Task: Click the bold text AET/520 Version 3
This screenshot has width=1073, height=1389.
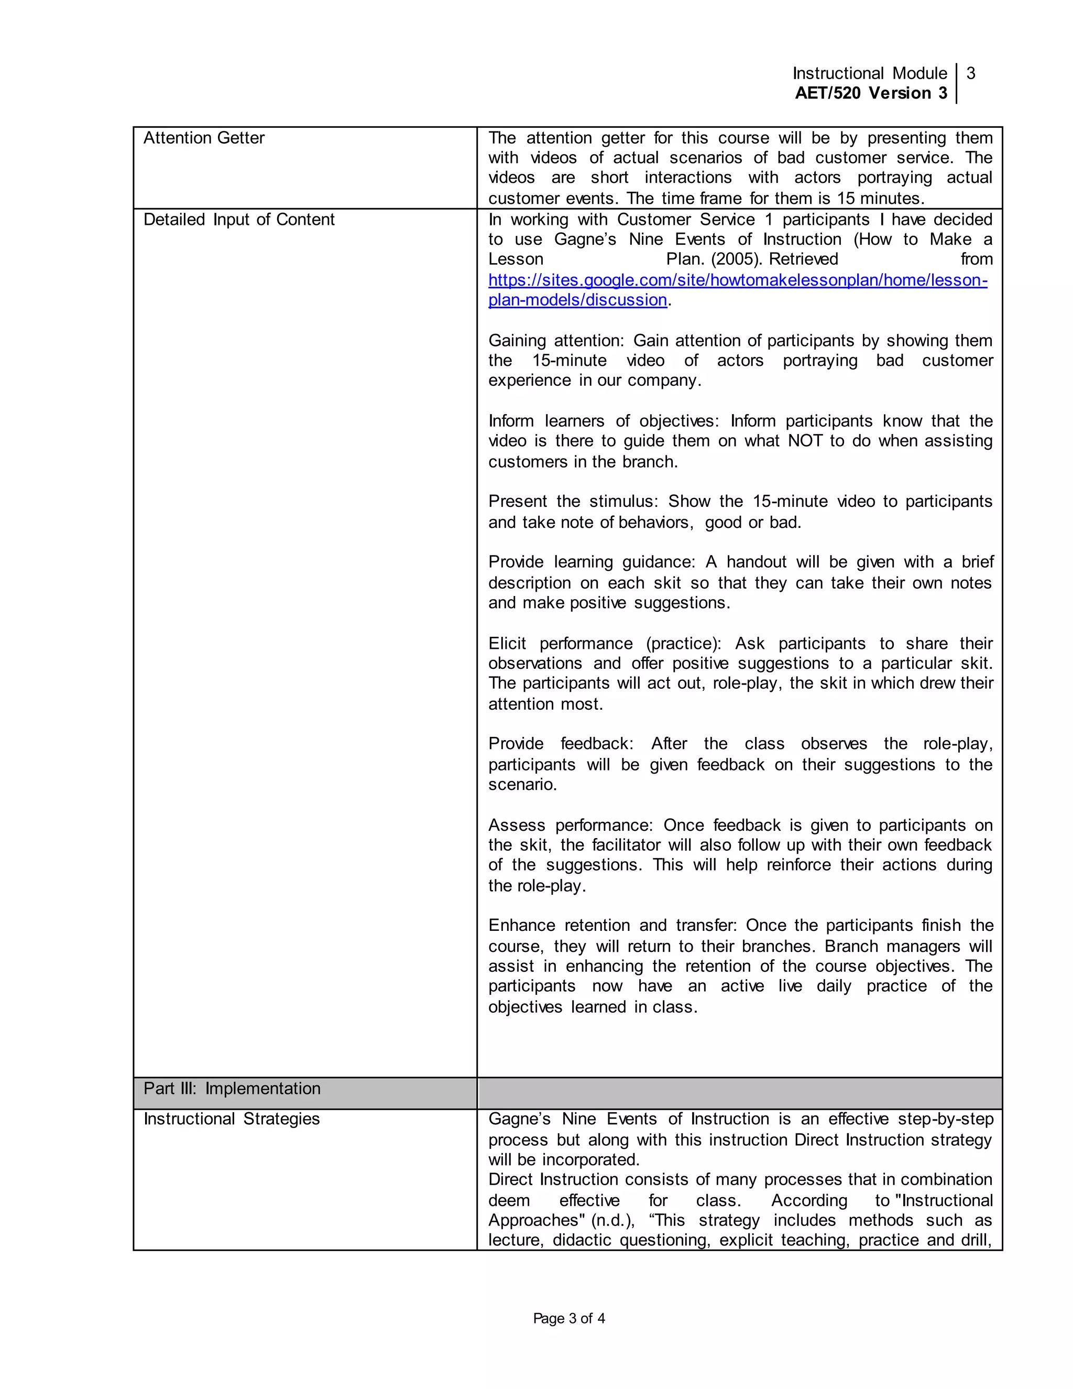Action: pos(871,93)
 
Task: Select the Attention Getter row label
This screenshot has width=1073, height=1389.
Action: pos(203,138)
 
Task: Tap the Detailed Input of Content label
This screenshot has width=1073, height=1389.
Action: pos(238,220)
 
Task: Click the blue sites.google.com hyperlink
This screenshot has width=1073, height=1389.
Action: pos(737,280)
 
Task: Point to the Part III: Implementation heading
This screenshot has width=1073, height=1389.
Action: pos(232,1088)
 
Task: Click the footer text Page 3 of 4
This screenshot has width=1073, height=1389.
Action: pos(569,1318)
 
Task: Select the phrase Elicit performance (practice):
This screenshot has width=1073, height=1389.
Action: pos(605,644)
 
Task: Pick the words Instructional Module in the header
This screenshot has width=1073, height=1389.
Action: pos(870,74)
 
